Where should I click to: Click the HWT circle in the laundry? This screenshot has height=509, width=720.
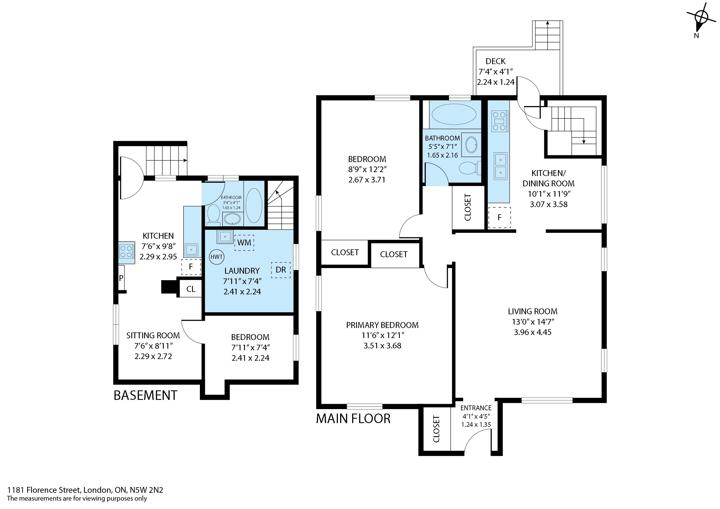coord(216,257)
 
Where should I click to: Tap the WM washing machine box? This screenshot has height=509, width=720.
coord(244,243)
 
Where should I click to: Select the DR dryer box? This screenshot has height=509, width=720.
coord(281,270)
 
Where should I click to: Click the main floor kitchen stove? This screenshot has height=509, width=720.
coord(499,121)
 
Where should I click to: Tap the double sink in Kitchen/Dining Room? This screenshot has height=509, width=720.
coord(501,166)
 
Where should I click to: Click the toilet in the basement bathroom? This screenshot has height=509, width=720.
coord(214,215)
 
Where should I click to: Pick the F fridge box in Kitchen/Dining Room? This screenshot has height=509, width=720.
coord(499,217)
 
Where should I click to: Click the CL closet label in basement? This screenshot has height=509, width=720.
coord(191,289)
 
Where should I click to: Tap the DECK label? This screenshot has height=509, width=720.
coord(495,61)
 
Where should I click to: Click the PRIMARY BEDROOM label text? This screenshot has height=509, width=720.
coord(382,325)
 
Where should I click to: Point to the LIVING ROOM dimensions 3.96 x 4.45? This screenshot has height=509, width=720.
coord(532,332)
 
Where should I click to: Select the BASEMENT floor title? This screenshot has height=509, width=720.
coord(146,396)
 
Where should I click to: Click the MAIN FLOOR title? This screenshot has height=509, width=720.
coord(353,419)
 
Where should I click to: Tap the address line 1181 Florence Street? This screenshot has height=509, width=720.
coord(85,490)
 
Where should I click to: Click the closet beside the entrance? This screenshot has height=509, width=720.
coord(436,429)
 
